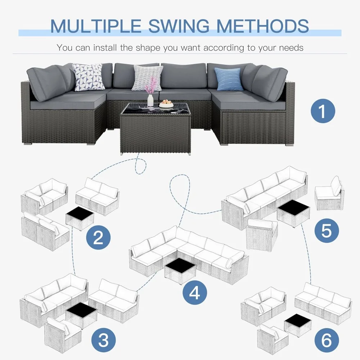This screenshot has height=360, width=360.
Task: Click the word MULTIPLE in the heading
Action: (95, 26)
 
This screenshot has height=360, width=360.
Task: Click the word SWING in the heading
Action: (179, 26)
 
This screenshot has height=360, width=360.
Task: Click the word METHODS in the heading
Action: (262, 26)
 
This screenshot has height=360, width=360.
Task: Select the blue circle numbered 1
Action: (323, 111)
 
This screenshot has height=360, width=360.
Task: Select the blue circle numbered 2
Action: (98, 237)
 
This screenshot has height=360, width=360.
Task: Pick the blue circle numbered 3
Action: (103, 340)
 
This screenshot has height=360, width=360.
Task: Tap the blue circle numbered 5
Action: (327, 230)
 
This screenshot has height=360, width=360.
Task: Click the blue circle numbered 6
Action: (327, 340)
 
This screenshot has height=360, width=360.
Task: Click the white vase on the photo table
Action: (150, 100)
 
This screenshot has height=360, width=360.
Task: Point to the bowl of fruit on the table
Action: (166, 104)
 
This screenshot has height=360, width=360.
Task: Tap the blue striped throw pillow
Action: (229, 79)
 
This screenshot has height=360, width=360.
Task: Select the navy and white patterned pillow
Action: (88, 77)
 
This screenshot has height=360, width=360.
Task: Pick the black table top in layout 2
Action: (80, 213)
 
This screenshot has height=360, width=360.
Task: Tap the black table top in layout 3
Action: (81, 309)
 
